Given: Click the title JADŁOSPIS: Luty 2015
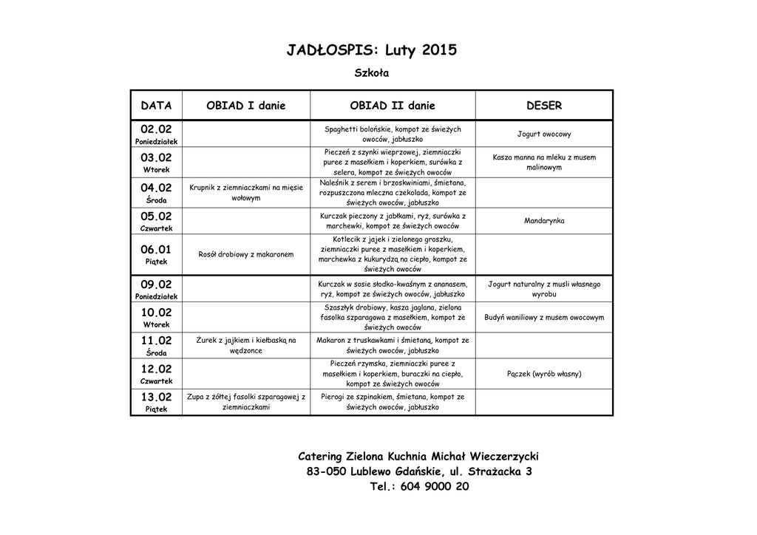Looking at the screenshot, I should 372,51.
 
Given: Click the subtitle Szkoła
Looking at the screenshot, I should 372,73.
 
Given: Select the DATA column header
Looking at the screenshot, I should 156,106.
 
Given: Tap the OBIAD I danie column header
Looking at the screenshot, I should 245,106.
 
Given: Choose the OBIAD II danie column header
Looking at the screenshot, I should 393,106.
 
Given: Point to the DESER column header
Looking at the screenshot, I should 544,106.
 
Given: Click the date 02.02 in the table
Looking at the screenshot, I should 156,129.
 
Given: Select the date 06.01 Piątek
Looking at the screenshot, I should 156,254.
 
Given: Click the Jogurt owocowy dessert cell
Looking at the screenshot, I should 544,134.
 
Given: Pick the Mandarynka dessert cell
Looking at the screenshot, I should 544,221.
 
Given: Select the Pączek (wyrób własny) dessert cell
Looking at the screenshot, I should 544,374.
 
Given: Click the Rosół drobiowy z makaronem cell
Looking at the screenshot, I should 246,255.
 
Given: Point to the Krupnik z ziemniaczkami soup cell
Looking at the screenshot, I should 246,193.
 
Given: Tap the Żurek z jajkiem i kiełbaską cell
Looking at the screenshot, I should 246,345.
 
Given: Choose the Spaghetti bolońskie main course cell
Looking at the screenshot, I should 393,134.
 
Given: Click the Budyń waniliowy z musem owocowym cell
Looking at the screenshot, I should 544,317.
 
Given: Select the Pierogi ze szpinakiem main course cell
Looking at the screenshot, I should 393,402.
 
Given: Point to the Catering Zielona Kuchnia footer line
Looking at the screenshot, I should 418,457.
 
